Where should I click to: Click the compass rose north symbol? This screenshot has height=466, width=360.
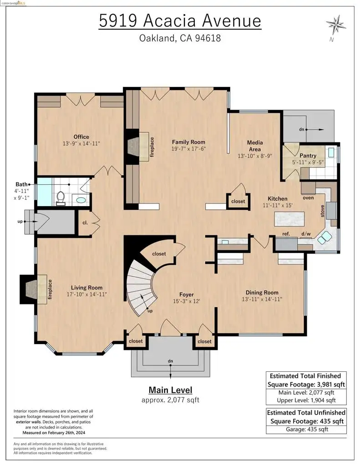click(x=336, y=25)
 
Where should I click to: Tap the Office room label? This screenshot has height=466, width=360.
click(x=81, y=137)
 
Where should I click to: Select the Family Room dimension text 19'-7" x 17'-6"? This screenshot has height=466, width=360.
click(x=188, y=149)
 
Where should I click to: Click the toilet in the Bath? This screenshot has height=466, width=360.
click(x=61, y=198)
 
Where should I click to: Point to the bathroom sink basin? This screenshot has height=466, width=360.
click(x=81, y=200)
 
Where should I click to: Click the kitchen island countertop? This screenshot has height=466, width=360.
click(x=289, y=219)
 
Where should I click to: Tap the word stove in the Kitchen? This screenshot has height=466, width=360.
click(x=323, y=211)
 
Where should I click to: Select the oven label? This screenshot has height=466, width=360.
click(x=308, y=198)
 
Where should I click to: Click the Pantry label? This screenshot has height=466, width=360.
click(x=308, y=156)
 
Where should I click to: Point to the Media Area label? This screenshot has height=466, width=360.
click(x=255, y=146)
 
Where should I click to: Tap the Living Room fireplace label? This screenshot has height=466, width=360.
click(x=50, y=289)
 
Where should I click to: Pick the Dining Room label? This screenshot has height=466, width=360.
click(x=262, y=293)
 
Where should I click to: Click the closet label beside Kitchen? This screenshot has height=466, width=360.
click(x=238, y=201)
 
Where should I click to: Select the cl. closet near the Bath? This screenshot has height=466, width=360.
click(x=85, y=223)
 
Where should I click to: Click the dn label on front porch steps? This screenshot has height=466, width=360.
click(x=170, y=361)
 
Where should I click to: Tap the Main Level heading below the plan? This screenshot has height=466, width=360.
click(x=170, y=390)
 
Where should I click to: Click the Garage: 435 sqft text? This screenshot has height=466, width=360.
click(x=307, y=429)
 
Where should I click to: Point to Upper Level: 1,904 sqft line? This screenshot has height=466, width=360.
click(x=306, y=400)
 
